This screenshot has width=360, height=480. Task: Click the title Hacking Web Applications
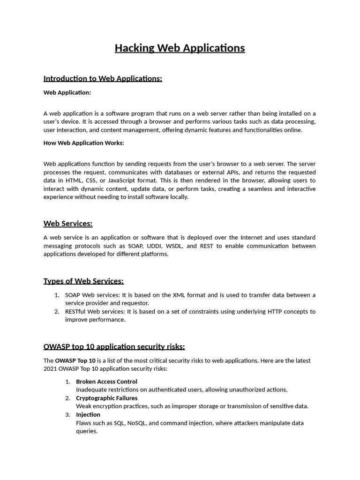tap(180, 48)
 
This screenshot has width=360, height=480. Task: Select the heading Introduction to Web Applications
tap(103, 78)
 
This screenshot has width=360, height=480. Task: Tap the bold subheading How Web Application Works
tap(83, 143)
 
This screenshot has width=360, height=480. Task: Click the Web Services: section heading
tap(68, 224)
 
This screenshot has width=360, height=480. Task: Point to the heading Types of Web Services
tap(83, 281)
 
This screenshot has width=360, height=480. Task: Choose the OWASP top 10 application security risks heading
tap(114, 346)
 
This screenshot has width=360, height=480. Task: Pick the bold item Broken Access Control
tap(106, 382)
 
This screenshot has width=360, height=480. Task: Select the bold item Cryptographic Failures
tap(106, 398)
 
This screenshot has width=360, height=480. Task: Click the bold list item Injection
tap(88, 414)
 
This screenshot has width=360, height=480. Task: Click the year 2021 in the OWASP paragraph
tap(51, 369)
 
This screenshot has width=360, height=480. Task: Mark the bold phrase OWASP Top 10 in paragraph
tap(75, 361)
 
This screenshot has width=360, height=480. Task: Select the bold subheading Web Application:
tap(67, 92)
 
